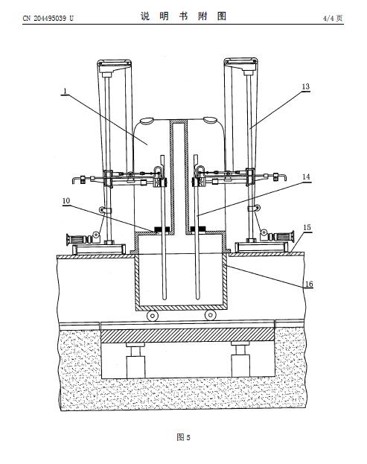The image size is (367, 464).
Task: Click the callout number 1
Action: pyautogui.click(x=65, y=91)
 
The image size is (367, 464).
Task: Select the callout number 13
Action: pyautogui.click(x=305, y=86)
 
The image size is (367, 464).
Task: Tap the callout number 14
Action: pyautogui.click(x=307, y=177)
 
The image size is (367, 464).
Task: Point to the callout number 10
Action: pyautogui.click(x=66, y=201)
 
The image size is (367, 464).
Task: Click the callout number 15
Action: pyautogui.click(x=307, y=228)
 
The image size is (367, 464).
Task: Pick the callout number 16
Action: pyautogui.click(x=309, y=285)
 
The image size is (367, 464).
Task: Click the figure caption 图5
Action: pyautogui.click(x=183, y=437)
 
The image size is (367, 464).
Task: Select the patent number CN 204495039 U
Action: pyautogui.click(x=48, y=19)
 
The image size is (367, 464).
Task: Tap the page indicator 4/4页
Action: pyautogui.click(x=333, y=19)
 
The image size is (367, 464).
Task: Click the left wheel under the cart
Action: pyautogui.click(x=153, y=316)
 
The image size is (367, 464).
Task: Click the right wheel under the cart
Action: pyautogui.click(x=210, y=316)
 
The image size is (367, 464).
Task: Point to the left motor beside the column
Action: pyautogui.click(x=80, y=238)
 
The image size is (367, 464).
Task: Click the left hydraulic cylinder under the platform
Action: pyautogui.click(x=135, y=360)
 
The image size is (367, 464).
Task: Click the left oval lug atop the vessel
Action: pyautogui.click(x=147, y=121)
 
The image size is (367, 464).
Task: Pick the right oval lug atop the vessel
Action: pyautogui.click(x=210, y=120)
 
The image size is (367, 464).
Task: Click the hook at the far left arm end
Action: pyautogui.click(x=75, y=180)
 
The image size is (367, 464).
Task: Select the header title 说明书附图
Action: pyautogui.click(x=183, y=16)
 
